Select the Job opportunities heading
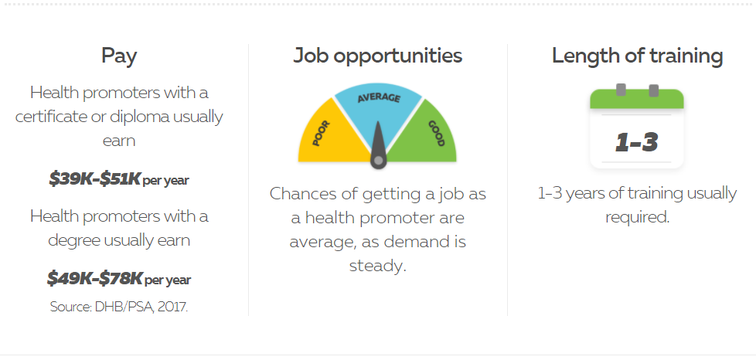(377, 56)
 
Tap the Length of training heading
(638, 56)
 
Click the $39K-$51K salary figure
(94, 179)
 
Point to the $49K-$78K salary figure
(95, 278)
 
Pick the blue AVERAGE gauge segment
(378, 110)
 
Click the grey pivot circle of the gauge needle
(379, 160)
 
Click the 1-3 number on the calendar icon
(637, 142)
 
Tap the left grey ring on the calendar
(621, 90)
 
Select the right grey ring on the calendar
(654, 90)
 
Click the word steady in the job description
(377, 266)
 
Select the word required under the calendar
(638, 217)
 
